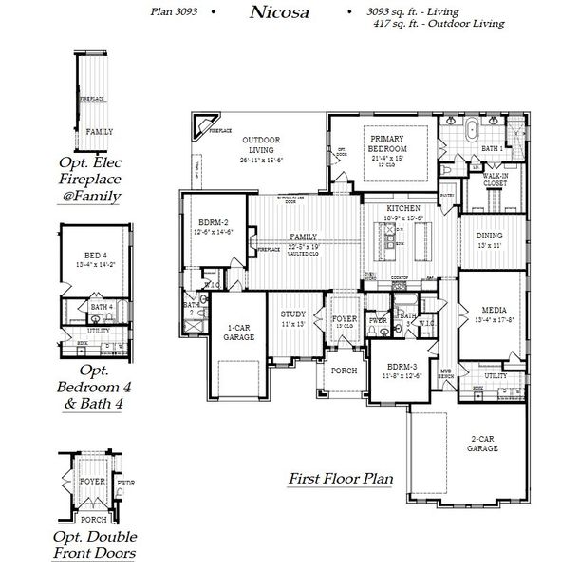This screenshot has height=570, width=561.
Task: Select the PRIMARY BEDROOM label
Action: coord(387,144)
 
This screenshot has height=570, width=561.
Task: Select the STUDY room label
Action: coord(292,314)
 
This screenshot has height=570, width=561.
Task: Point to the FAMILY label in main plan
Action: coord(304,236)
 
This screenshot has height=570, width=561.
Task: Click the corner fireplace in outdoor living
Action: coord(203,125)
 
